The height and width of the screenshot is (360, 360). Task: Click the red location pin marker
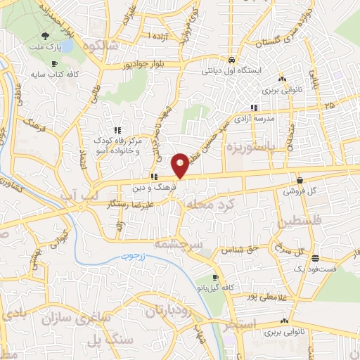click(181, 165)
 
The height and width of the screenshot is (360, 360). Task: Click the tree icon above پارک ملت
click(46, 37)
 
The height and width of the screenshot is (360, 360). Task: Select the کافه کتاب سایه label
click(56, 73)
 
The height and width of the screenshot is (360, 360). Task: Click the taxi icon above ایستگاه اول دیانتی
click(232, 60)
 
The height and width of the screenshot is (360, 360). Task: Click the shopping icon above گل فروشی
click(300, 180)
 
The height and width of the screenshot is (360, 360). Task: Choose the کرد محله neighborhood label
click(208, 204)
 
